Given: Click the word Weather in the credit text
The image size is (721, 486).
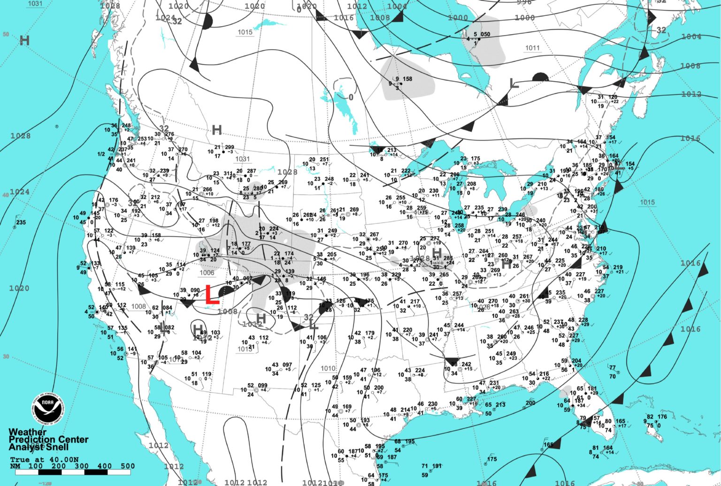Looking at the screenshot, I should click(x=28, y=432).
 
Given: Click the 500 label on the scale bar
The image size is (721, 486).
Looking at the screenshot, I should click(x=128, y=466).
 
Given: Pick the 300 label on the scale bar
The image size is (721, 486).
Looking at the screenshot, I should click(x=82, y=466).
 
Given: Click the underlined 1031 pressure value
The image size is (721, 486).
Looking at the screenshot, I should click(x=243, y=159).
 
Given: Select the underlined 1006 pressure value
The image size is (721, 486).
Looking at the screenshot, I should click(x=207, y=273).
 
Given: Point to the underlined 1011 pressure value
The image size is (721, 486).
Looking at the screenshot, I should click(x=532, y=48).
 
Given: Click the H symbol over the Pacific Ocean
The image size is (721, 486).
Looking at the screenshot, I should click(x=24, y=41).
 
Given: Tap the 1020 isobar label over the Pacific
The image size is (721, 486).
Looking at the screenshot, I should click(x=19, y=288).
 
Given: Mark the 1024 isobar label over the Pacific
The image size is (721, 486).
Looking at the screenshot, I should click(x=19, y=192).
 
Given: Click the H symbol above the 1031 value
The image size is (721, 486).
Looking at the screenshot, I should click(x=216, y=130).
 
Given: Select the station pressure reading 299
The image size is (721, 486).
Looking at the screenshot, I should click(x=230, y=147).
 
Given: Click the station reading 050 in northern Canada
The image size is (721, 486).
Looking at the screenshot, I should click(x=485, y=34).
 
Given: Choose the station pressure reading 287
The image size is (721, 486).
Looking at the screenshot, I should click(x=252, y=172).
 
